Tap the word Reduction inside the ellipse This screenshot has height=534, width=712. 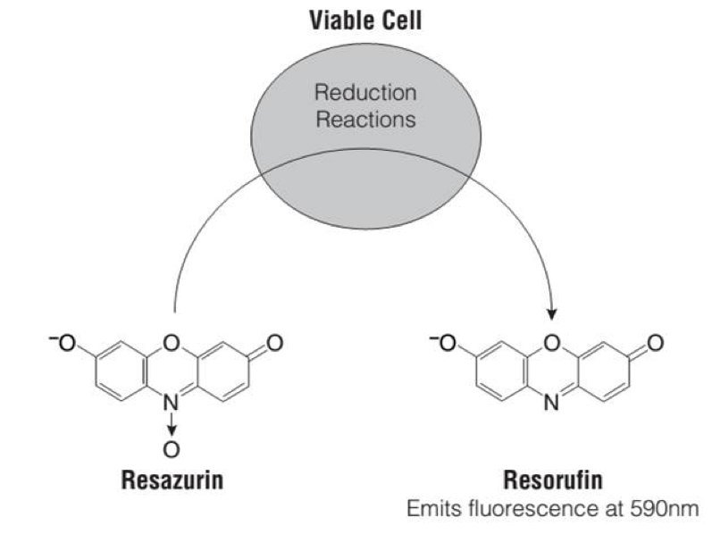366,93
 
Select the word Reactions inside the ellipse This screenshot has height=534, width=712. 366,119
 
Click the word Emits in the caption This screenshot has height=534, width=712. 430,511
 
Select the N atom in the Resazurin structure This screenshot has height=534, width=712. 172,405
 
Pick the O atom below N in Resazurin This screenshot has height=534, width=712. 172,449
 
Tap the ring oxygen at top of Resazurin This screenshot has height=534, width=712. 172,343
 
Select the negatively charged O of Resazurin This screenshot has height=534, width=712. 64,343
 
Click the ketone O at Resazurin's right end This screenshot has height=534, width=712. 275,343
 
